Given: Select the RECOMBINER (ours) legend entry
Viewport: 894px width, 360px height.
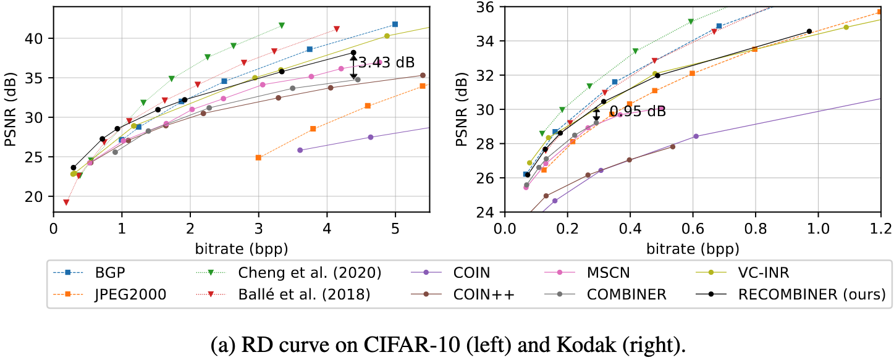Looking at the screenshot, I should [811, 295].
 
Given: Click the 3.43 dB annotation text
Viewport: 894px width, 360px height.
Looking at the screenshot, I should [386, 62].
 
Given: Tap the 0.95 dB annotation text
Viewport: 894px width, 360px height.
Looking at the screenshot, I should [638, 112].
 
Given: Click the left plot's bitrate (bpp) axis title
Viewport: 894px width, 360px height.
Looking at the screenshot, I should [242, 248].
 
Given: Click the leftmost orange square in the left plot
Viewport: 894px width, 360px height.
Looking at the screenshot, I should [258, 157].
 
